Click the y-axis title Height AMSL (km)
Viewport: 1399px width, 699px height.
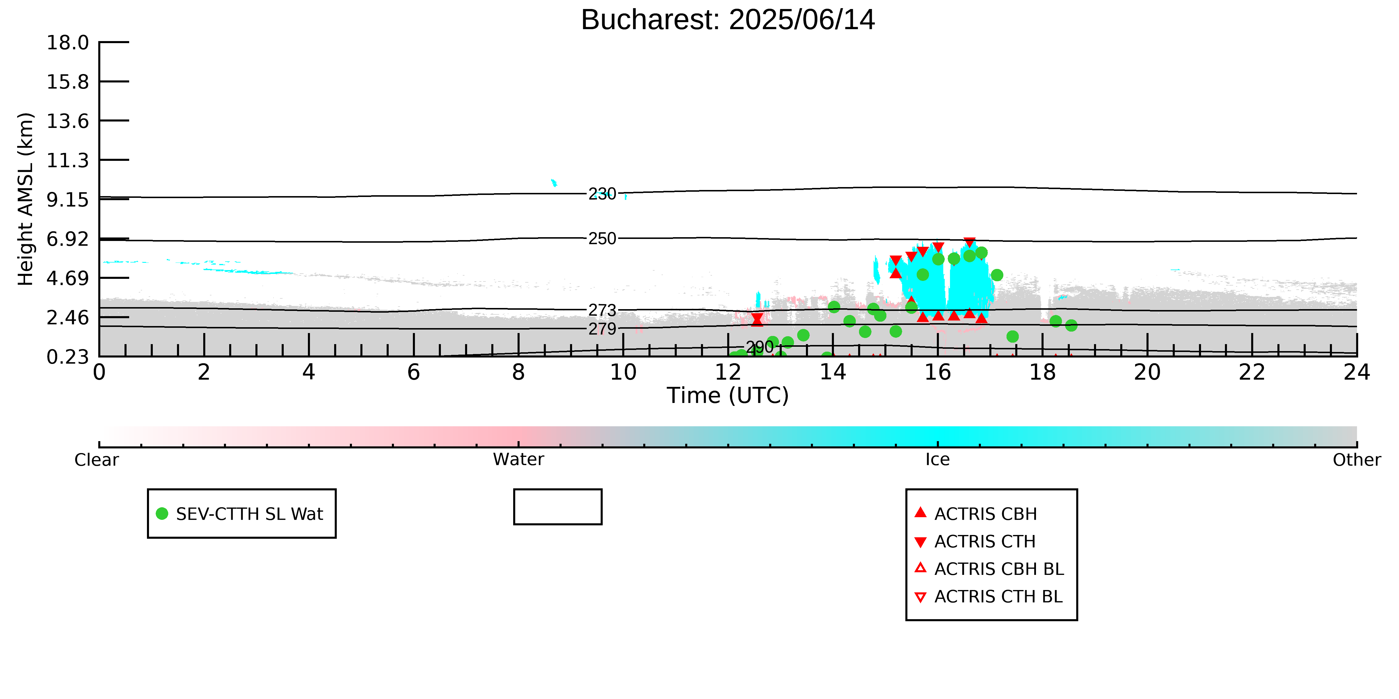(x=26, y=199)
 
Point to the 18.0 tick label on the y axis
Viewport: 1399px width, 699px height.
(x=68, y=42)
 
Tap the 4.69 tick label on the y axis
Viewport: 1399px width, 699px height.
(x=68, y=278)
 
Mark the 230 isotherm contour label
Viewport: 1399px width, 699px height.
(x=602, y=194)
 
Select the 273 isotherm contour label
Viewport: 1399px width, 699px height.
(x=602, y=310)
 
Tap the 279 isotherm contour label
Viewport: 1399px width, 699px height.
(x=602, y=329)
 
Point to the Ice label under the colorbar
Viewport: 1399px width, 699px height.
(x=938, y=460)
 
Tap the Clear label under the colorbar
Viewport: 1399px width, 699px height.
(x=97, y=460)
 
